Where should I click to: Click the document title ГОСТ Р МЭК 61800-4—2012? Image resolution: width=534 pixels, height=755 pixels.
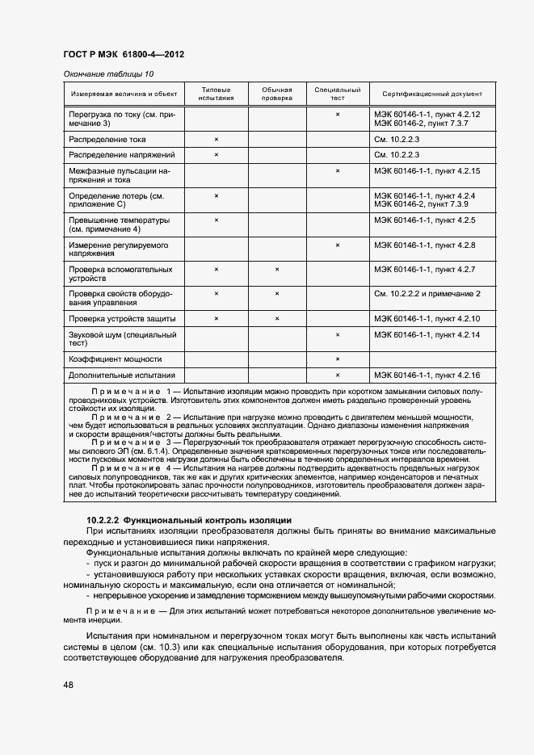[124, 55]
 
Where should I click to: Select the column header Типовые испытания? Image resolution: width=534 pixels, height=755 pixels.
[216, 94]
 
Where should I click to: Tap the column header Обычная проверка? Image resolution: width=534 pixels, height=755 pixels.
[276, 94]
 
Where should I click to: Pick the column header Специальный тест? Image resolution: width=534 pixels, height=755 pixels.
[337, 94]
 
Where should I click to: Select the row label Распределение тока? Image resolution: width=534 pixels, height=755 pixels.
[107, 140]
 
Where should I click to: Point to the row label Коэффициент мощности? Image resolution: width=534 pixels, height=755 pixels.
[115, 359]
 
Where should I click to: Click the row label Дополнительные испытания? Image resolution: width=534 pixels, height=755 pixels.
[121, 375]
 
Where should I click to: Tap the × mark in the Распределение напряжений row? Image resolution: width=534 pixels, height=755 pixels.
[217, 154]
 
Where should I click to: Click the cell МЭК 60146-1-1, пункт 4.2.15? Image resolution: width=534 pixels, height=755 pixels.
[427, 171]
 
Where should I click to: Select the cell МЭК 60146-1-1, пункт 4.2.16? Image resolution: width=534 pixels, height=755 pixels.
[427, 375]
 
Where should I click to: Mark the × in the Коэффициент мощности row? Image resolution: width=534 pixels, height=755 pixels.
[338, 359]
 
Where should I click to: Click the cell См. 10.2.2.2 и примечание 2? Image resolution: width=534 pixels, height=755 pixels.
[427, 293]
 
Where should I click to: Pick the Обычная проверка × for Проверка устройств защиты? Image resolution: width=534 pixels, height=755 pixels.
[277, 319]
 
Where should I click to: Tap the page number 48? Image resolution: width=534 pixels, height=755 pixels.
[69, 685]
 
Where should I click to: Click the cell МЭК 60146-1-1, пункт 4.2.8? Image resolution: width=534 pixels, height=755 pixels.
[425, 245]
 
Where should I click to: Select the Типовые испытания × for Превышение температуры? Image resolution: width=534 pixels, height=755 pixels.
[217, 220]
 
